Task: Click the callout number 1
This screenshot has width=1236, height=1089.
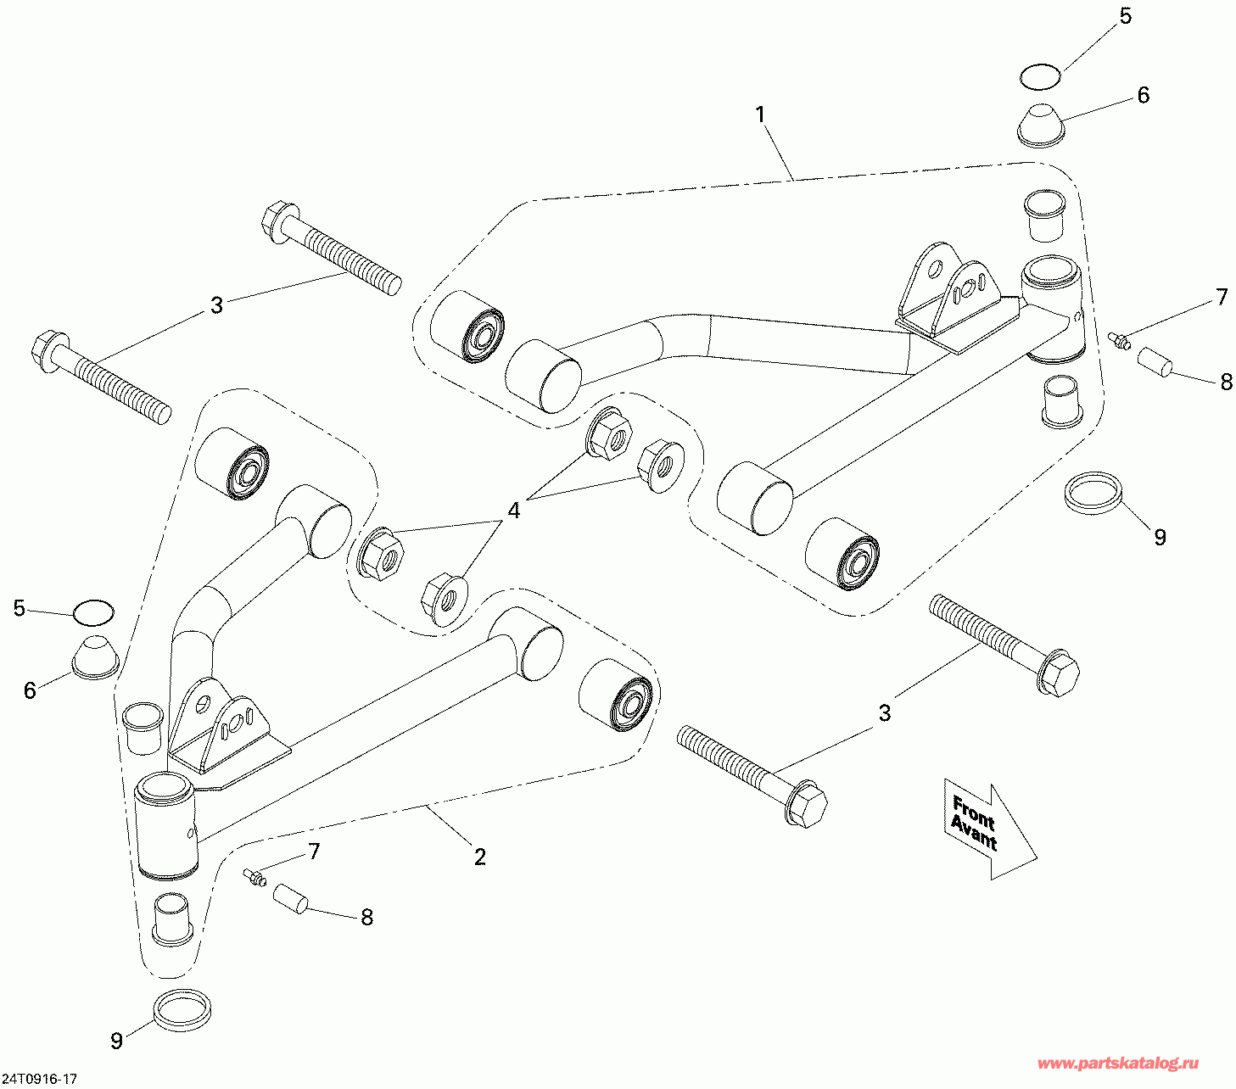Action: [761, 114]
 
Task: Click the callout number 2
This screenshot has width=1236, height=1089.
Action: [480, 857]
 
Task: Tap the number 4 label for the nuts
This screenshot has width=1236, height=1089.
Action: [513, 511]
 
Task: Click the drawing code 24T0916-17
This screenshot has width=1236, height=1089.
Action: [40, 1079]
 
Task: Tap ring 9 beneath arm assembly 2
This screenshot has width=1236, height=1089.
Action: [182, 1008]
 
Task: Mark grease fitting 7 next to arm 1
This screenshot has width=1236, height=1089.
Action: [1119, 341]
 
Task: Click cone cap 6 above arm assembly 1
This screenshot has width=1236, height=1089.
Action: [1040, 126]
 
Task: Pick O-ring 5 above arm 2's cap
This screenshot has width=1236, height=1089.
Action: [93, 611]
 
